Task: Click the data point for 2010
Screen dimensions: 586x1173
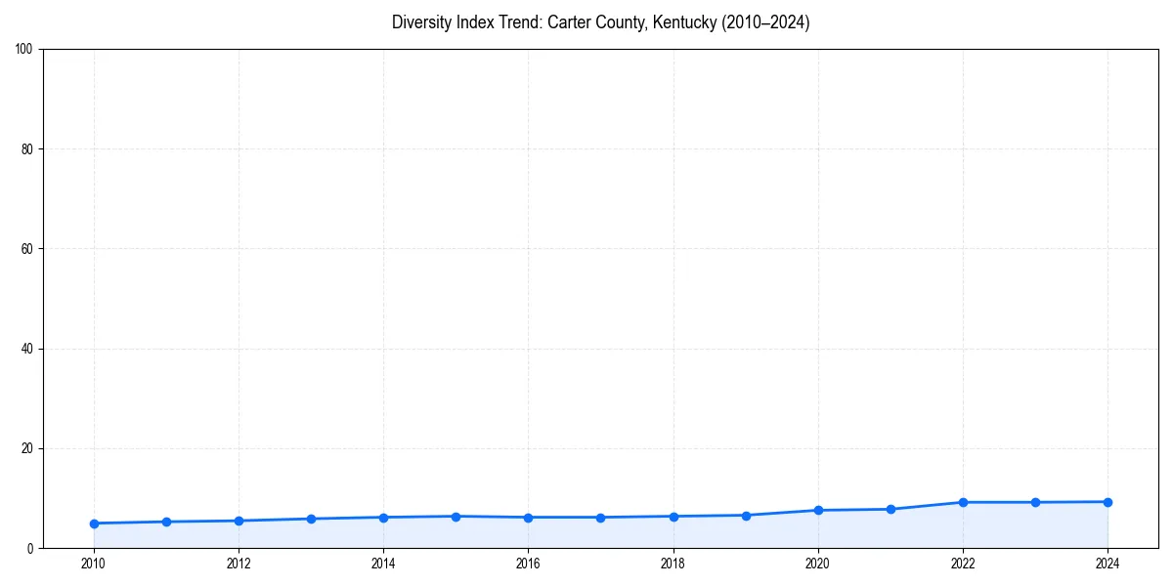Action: point(94,523)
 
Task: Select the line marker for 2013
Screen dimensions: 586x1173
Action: point(311,519)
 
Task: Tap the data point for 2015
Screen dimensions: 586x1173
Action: point(456,516)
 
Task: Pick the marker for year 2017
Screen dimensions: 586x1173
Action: point(600,518)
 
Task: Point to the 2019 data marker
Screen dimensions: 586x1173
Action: point(746,515)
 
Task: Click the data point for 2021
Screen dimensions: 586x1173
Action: point(891,509)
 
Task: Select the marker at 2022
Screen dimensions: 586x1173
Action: point(963,502)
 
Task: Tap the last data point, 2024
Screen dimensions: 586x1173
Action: point(1108,502)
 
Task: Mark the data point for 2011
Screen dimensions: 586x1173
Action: point(166,522)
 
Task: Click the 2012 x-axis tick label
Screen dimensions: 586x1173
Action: point(239,564)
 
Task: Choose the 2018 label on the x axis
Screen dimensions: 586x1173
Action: point(673,564)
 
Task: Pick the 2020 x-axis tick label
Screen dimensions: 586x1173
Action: point(818,564)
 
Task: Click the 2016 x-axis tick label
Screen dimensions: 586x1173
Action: point(528,564)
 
